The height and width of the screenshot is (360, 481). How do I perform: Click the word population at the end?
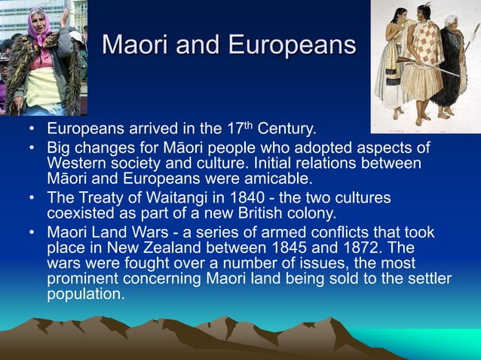(85, 294)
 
